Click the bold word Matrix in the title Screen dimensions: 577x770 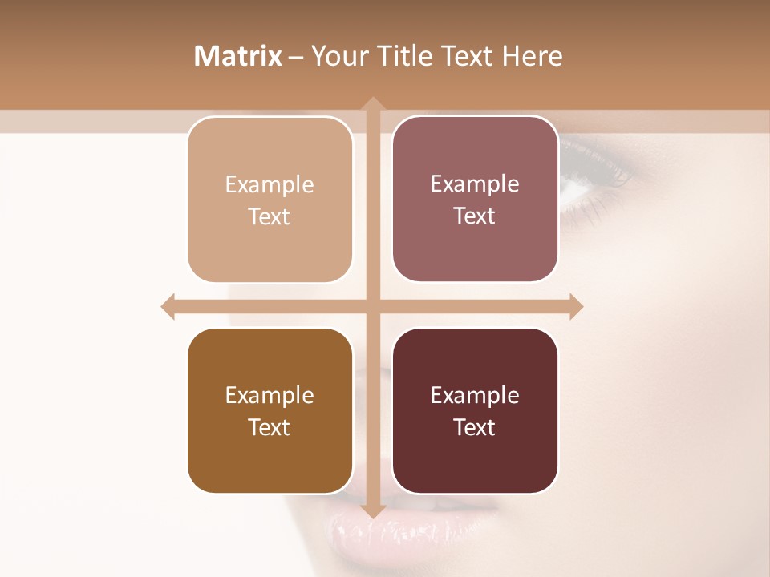click(238, 56)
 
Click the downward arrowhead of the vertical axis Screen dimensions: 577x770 click(372, 512)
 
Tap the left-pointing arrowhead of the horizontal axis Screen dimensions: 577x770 click(168, 306)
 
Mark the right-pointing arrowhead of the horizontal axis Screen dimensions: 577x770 click(576, 306)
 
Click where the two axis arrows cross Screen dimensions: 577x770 click(372, 306)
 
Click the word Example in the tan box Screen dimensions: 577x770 click(269, 184)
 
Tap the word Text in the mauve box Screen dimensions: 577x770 click(475, 216)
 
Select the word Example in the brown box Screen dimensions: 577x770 click(269, 395)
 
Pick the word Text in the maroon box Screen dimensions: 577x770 click(475, 427)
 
